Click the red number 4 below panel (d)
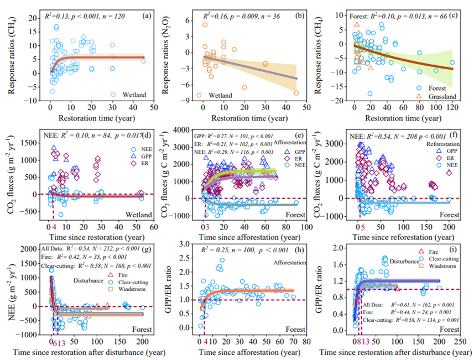coord(54,227)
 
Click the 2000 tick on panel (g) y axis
coord(33,249)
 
